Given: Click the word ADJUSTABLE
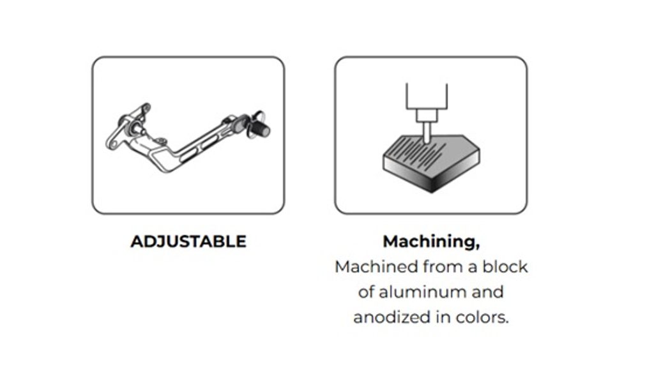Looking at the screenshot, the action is click(x=188, y=242).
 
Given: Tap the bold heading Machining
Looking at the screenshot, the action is click(x=431, y=242).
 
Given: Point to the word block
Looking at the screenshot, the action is click(x=505, y=267).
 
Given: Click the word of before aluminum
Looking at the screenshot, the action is click(x=366, y=292).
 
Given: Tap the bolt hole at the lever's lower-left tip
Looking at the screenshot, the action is click(x=114, y=144).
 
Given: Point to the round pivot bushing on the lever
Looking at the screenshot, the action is click(x=133, y=127).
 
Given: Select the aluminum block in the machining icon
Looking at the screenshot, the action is click(x=431, y=163).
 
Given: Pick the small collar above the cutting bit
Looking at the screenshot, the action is click(x=427, y=115).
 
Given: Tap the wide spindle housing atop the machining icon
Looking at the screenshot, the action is click(x=427, y=96).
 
